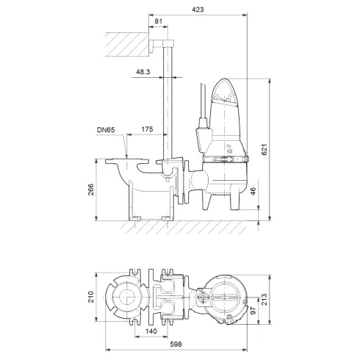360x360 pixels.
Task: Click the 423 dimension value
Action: click(x=199, y=10)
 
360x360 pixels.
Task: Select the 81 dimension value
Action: click(x=160, y=21)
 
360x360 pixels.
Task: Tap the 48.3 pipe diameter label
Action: click(x=144, y=72)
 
